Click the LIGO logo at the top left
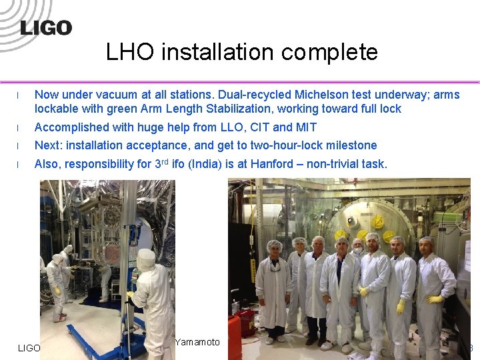[x=46, y=27]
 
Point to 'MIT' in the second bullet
[x=305, y=127]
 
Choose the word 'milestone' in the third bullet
[x=351, y=145]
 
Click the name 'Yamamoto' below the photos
[x=197, y=342]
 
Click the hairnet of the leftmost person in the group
[x=274, y=245]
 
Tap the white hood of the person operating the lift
[x=146, y=259]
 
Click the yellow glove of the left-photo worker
[x=58, y=291]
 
